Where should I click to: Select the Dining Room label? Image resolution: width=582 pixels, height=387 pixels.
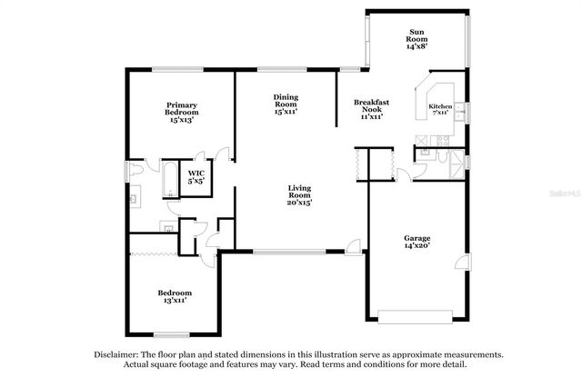pyautogui.click(x=286, y=104)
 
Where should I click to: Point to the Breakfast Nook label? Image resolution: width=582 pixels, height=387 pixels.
pyautogui.click(x=371, y=109)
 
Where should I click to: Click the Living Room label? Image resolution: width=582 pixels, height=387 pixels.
pyautogui.click(x=299, y=195)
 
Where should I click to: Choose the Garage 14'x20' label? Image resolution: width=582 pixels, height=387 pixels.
pyautogui.click(x=416, y=242)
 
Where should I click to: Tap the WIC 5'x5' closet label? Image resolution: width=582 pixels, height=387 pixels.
pyautogui.click(x=196, y=177)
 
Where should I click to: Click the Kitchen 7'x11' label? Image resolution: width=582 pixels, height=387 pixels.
pyautogui.click(x=441, y=109)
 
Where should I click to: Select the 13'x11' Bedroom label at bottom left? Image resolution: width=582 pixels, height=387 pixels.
pyautogui.click(x=175, y=297)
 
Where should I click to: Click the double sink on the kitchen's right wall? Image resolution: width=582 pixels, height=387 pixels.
pyautogui.click(x=460, y=111)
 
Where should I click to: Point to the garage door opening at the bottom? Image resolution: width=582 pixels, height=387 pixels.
pyautogui.click(x=416, y=316)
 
